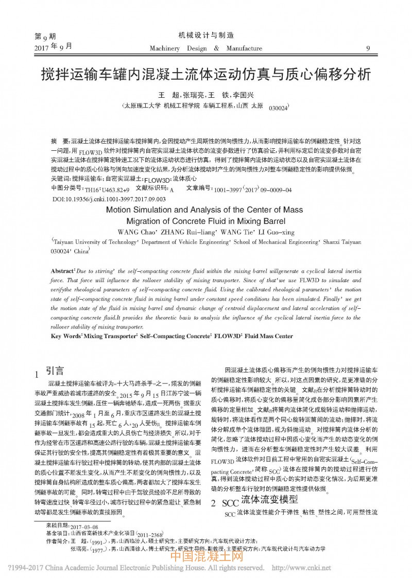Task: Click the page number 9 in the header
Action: [x=367, y=48]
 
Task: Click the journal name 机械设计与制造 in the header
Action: [x=206, y=36]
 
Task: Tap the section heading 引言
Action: [x=55, y=370]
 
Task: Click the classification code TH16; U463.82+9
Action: [x=107, y=189]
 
